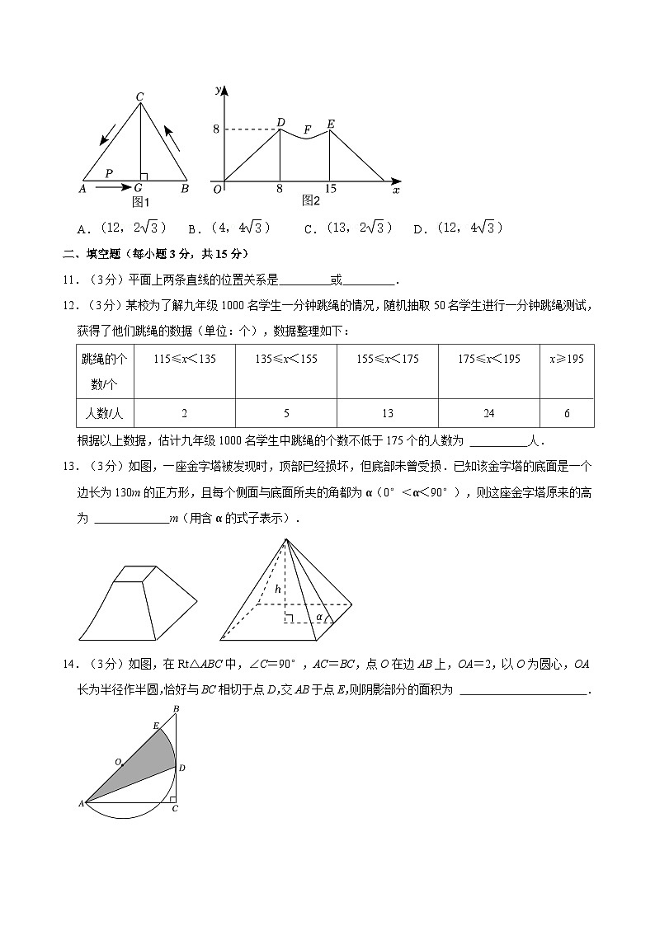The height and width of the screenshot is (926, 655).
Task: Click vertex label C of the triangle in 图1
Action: pos(140,97)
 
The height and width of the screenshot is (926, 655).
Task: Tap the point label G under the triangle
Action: pos(138,189)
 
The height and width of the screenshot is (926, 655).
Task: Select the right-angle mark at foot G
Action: pos(144,176)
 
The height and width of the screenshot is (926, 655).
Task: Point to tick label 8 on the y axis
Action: pos(216,129)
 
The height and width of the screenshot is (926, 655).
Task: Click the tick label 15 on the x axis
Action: pos(330,189)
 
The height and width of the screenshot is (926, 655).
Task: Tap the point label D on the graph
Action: pos(280,122)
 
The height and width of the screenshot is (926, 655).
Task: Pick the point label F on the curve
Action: pos(307,129)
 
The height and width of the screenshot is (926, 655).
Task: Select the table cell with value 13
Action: pos(387,413)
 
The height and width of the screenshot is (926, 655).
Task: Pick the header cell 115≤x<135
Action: pos(184,359)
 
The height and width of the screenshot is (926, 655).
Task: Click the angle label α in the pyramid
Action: pos(319,615)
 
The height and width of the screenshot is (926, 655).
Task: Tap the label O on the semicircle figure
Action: pos(118,762)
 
